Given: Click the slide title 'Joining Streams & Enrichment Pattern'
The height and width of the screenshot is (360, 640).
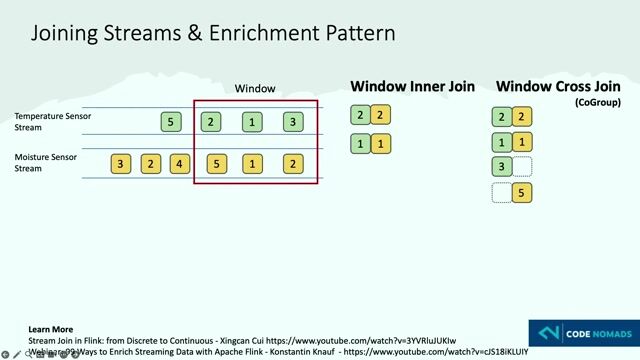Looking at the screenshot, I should coord(213,33).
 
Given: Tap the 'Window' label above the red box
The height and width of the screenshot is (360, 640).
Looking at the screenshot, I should coord(255,89).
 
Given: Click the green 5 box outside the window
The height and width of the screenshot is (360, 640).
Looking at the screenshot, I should coord(171,122).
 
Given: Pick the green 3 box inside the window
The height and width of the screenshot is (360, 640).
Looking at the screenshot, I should coord(292,122).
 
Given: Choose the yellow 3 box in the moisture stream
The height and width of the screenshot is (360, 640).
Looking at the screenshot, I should coord(121,164).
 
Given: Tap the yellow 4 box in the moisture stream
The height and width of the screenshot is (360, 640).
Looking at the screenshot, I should coord(179,164).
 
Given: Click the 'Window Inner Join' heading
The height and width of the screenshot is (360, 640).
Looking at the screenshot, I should coord(412,87).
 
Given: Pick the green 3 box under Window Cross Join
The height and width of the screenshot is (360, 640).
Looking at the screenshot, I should coord(502,167).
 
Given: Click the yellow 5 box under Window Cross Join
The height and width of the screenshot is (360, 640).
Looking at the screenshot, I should coord(522,193).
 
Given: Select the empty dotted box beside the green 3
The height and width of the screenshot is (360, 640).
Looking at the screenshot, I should coord(522,167).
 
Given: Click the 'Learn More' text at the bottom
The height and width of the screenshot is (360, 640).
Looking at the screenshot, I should coord(50,329).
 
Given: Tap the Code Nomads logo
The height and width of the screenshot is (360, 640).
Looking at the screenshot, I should coord(582,333).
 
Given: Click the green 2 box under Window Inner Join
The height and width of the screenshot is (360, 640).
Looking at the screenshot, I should coord(360,116).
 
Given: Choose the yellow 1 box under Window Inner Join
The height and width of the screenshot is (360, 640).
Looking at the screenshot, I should coord(380,144).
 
